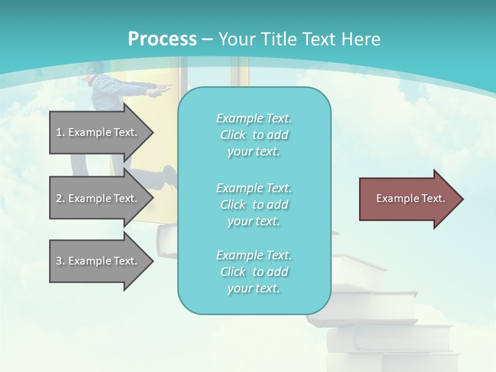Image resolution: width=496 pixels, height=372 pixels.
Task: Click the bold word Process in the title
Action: click(x=162, y=39)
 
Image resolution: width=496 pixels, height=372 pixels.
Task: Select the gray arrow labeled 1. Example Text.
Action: click(x=98, y=132)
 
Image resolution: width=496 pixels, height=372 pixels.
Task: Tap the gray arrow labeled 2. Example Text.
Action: click(x=98, y=198)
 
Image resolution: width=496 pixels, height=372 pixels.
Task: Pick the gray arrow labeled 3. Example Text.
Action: click(x=98, y=261)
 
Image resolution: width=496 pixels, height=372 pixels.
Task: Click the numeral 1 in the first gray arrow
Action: click(x=59, y=132)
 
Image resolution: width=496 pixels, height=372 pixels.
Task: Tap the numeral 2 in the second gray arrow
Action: click(x=59, y=198)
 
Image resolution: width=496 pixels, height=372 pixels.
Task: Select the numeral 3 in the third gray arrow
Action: click(x=59, y=261)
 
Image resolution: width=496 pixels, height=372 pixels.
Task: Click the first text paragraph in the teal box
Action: click(x=254, y=135)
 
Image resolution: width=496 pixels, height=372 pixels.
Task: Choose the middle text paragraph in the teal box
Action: click(x=254, y=205)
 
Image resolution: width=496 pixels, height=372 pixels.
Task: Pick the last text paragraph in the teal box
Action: click(x=254, y=272)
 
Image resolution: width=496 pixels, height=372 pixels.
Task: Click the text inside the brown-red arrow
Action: click(x=410, y=198)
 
